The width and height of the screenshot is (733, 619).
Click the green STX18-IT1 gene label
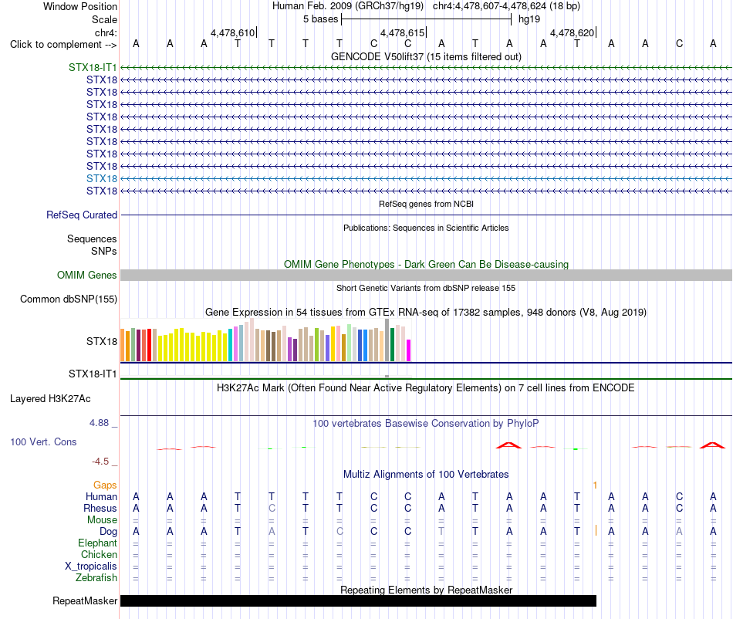(x=93, y=67)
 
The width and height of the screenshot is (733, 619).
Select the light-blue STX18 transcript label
(x=102, y=178)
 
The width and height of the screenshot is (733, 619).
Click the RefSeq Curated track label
(x=82, y=215)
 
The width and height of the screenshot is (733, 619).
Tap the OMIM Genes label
(x=87, y=275)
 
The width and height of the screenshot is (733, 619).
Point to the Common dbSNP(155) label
(x=69, y=299)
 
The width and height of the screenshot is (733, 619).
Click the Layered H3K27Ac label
(x=50, y=399)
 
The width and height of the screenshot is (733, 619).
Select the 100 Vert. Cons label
(x=43, y=441)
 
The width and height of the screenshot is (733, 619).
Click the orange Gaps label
(x=105, y=485)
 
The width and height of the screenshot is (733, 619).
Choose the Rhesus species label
(x=100, y=508)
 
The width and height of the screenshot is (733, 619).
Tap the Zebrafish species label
(x=96, y=578)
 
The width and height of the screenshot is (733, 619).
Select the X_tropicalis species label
(x=91, y=567)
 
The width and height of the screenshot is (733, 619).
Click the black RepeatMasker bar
(x=358, y=600)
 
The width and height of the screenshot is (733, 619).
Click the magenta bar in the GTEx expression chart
(x=409, y=350)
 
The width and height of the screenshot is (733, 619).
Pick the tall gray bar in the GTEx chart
(x=387, y=340)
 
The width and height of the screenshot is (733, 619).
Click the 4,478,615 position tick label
(x=403, y=32)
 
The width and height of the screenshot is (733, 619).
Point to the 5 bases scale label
(x=321, y=19)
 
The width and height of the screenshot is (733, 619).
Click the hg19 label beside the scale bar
(x=529, y=19)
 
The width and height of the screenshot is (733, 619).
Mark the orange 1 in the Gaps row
(x=595, y=485)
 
